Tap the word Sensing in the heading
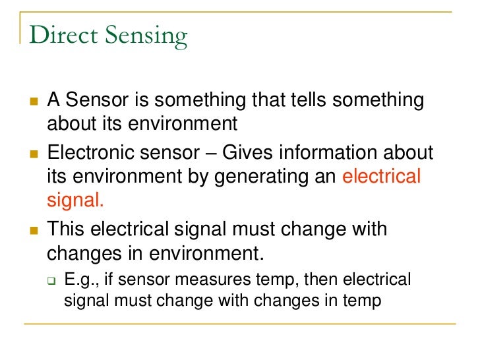(x=148, y=37)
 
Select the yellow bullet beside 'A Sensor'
(x=33, y=102)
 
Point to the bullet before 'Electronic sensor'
(x=33, y=154)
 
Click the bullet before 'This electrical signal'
(x=33, y=230)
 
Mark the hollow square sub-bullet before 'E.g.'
(x=51, y=280)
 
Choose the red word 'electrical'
(x=382, y=177)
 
